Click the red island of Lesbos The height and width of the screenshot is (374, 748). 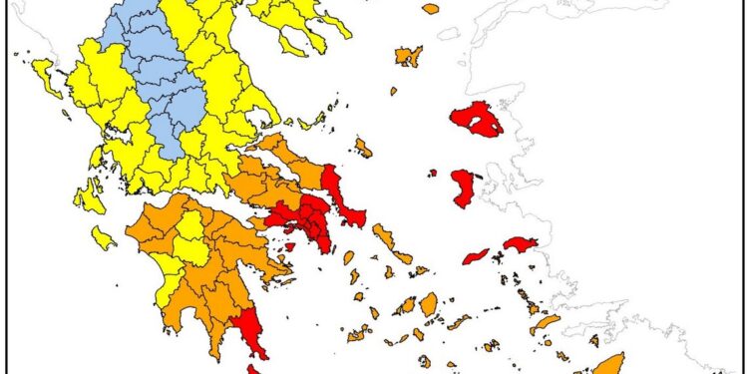click(x=477, y=120)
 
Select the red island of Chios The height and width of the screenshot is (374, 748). click(x=464, y=187)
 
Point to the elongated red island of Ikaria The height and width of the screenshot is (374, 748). click(x=476, y=256)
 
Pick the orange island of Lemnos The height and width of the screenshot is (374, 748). click(x=409, y=56)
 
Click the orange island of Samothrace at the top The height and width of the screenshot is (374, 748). click(x=431, y=9)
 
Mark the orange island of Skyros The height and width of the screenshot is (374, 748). click(x=363, y=148)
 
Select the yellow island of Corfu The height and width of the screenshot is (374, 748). click(x=46, y=73)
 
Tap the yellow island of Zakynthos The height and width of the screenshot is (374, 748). click(x=103, y=237)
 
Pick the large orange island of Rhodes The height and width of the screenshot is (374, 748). click(x=608, y=363)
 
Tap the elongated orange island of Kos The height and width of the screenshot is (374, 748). click(x=545, y=324)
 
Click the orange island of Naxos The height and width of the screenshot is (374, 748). click(x=429, y=303)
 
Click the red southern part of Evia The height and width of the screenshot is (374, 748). click(x=350, y=204)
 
